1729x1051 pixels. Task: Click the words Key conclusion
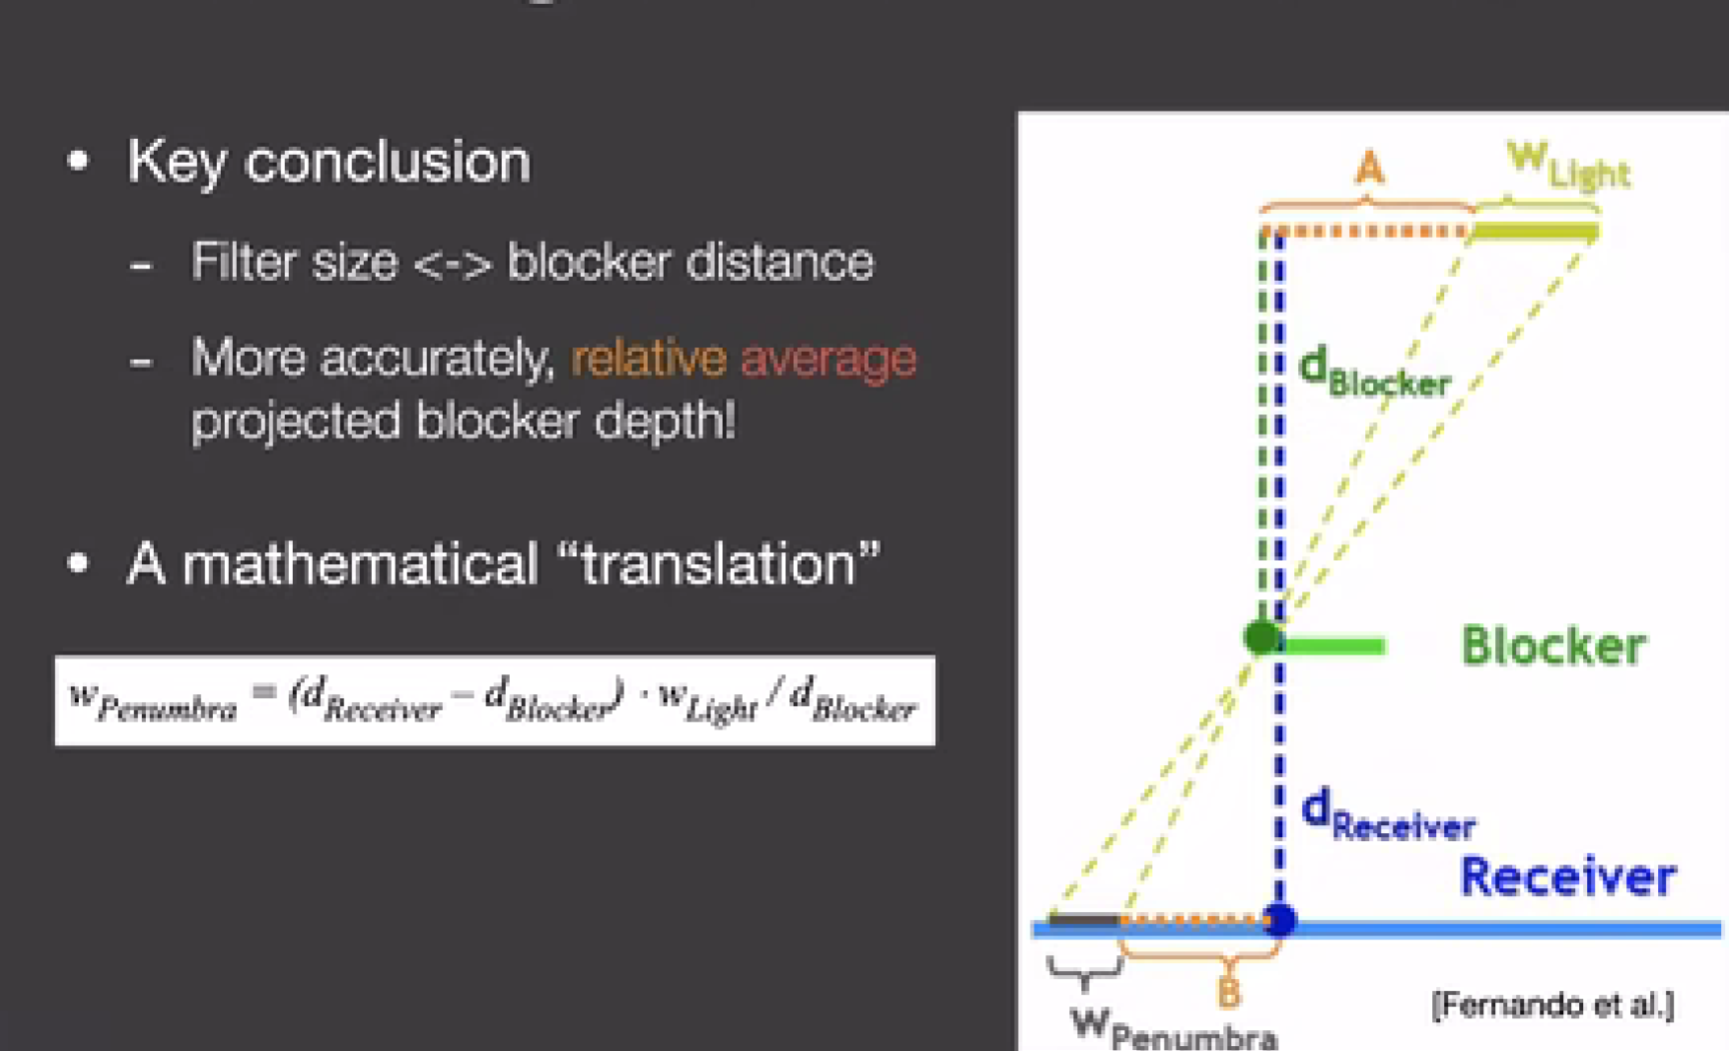[x=328, y=161]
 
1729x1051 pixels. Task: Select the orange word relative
[x=649, y=358]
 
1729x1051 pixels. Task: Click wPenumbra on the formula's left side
[x=153, y=702]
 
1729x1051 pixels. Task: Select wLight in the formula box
[x=707, y=701]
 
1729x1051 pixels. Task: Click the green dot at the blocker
[x=1261, y=638]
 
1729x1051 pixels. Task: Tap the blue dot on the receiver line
[x=1279, y=920]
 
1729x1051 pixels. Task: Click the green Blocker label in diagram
[x=1553, y=647]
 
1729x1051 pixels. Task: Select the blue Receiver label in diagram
[x=1568, y=876]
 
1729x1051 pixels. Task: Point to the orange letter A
[x=1369, y=169]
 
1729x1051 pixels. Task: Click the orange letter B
[x=1228, y=993]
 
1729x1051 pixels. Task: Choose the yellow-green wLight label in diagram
[x=1568, y=165]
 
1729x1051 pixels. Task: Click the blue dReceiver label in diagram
[x=1388, y=814]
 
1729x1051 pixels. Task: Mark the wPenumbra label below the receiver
[x=1174, y=1028]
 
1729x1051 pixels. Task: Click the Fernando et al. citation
[x=1552, y=1006]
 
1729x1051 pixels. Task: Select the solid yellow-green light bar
[x=1535, y=232]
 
